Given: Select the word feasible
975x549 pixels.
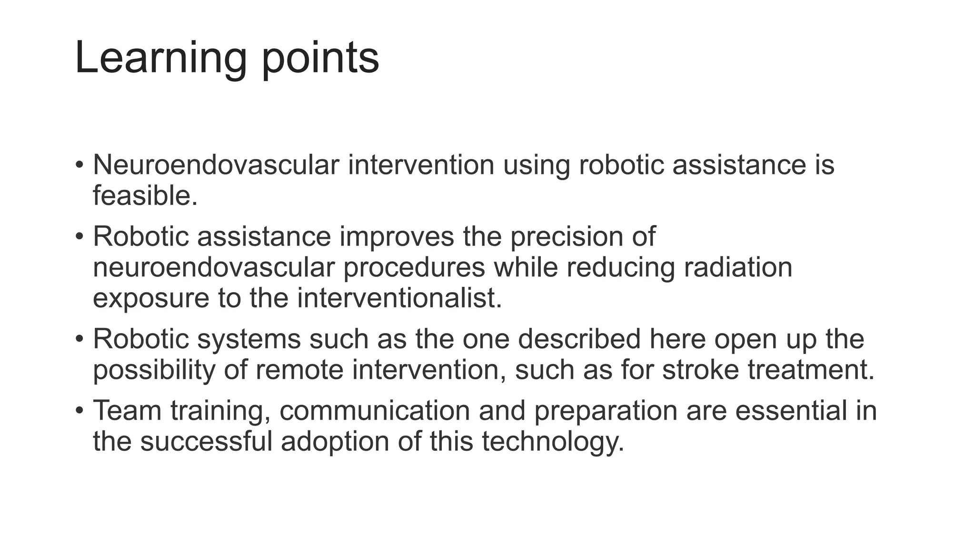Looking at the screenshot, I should point(145,195).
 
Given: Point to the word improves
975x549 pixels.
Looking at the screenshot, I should point(397,236).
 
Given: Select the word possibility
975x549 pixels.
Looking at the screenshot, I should point(154,370).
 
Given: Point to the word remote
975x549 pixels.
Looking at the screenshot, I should point(299,370).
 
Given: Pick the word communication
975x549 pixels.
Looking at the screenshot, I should point(375,410).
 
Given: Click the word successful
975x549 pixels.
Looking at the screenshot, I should point(206,441).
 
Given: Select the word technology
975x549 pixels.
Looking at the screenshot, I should point(553,441).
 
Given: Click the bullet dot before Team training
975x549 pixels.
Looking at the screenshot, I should point(79,410).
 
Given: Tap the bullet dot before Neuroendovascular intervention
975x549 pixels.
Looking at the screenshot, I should point(79,165).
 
